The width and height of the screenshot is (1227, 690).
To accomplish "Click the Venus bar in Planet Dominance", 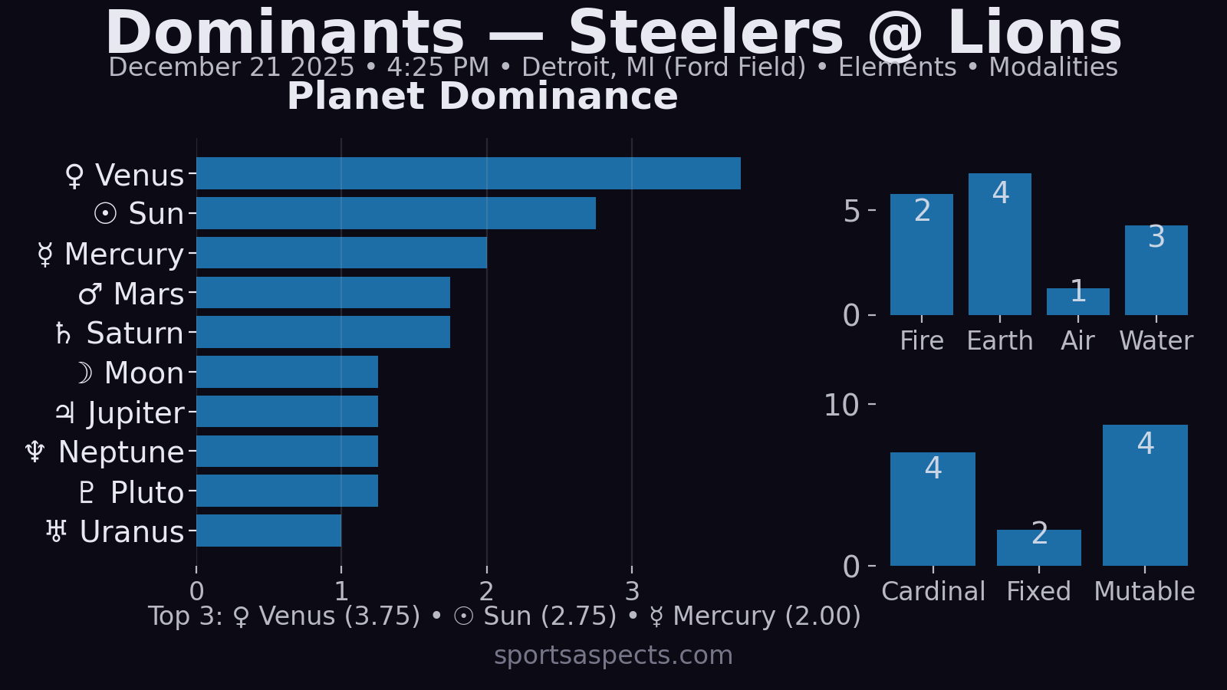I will click(x=468, y=173).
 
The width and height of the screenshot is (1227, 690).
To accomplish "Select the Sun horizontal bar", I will click(x=396, y=213).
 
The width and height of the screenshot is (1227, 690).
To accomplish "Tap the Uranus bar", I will click(x=268, y=531).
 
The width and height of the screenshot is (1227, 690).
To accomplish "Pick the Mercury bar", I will click(x=341, y=253).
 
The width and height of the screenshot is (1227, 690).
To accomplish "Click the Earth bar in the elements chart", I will click(x=999, y=245).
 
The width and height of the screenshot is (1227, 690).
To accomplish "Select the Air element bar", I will click(x=1077, y=302).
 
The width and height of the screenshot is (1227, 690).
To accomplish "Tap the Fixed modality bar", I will click(x=1038, y=548).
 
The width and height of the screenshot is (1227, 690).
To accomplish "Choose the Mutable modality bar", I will click(x=1144, y=498).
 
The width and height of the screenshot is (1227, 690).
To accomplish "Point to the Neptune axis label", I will click(x=121, y=452).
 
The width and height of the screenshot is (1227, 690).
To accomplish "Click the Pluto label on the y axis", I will click(x=146, y=493).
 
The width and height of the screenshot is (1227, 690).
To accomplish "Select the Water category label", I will click(x=1156, y=341).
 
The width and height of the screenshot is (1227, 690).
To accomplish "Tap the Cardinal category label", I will click(x=933, y=592).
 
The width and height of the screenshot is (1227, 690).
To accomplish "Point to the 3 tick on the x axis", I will click(x=632, y=591).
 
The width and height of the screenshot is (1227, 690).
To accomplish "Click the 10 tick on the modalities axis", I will click(x=841, y=406).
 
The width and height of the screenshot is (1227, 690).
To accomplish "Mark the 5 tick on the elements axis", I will click(x=851, y=212).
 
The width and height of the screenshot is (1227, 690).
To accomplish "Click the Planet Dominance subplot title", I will click(x=482, y=97).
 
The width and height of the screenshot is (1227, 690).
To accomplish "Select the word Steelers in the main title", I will click(x=706, y=34).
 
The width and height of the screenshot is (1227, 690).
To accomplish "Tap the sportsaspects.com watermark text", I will click(x=613, y=655).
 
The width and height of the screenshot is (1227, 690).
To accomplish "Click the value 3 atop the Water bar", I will click(x=1156, y=238).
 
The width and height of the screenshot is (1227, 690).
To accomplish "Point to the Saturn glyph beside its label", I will click(x=64, y=334).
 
